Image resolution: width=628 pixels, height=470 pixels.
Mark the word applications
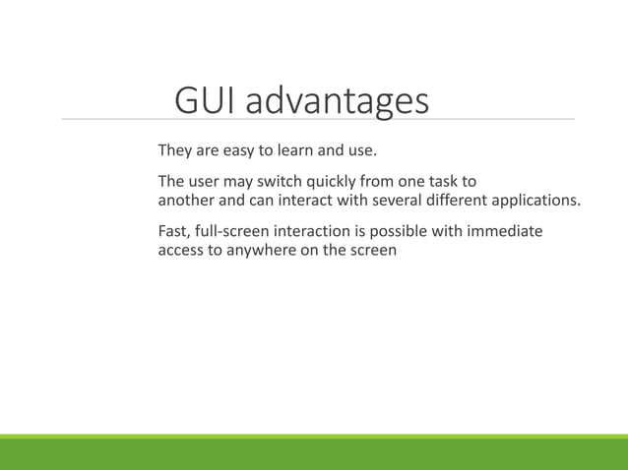point(537,202)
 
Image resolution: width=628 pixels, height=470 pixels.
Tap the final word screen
point(372,250)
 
